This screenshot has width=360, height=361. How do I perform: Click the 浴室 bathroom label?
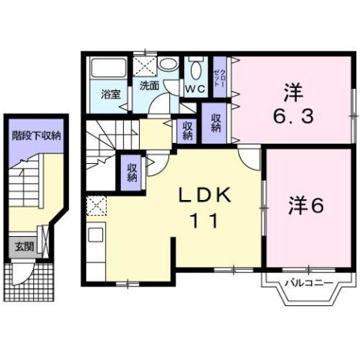point(111,96)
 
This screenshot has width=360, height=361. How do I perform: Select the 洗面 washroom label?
point(148,86)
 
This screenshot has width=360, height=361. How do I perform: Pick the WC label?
point(195,89)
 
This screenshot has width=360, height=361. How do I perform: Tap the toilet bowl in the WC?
point(195,71)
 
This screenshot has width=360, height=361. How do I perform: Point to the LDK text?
point(207,195)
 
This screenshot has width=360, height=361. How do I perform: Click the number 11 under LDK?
point(206,221)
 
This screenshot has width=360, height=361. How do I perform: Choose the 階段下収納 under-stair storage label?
point(35,136)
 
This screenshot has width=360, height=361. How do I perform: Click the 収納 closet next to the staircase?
point(132,172)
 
